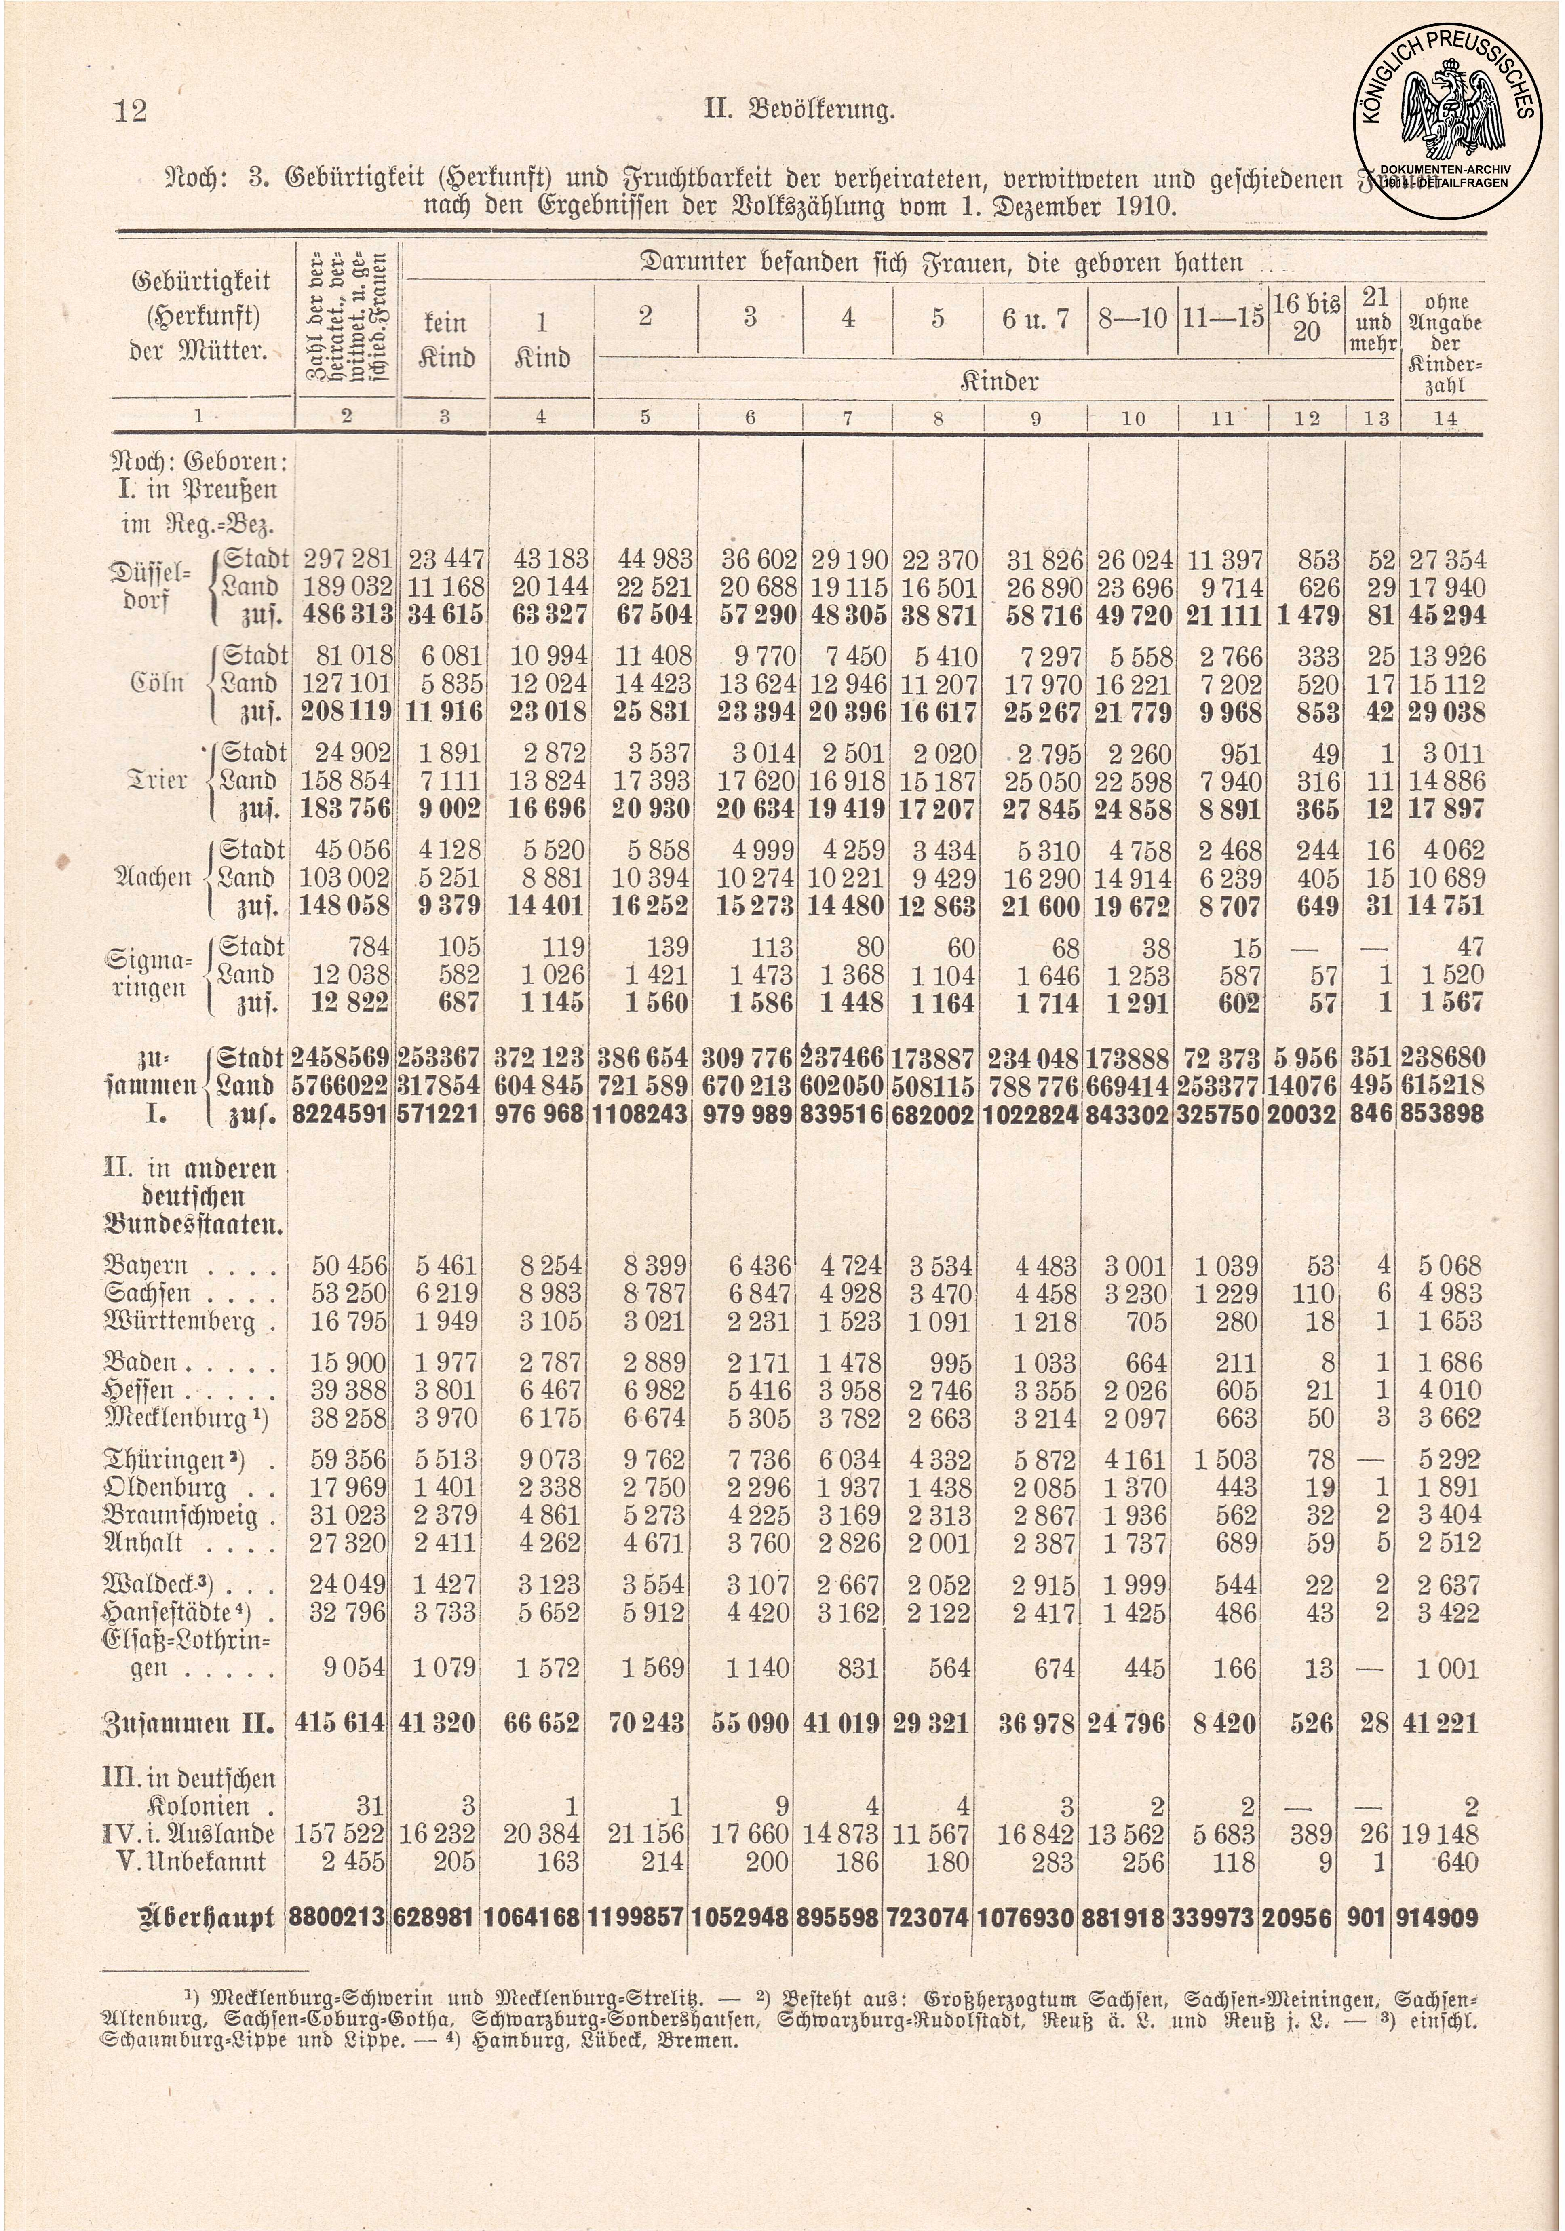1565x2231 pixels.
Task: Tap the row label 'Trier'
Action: click(156, 781)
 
